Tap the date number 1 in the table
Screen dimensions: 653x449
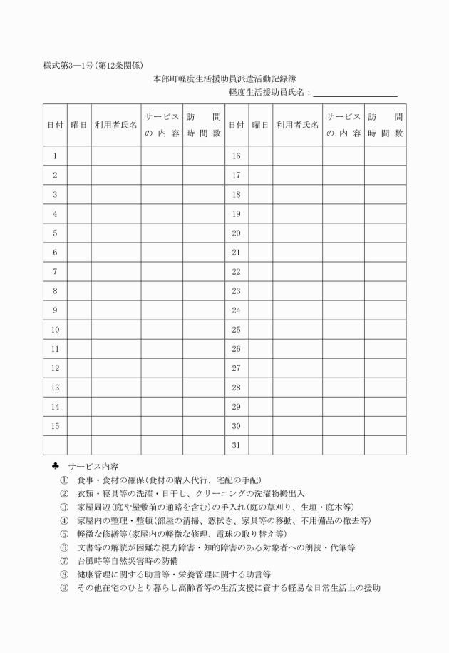click(x=55, y=156)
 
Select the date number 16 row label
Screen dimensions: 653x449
click(x=236, y=156)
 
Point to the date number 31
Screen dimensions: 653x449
click(x=236, y=445)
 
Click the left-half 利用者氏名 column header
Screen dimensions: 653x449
click(x=115, y=125)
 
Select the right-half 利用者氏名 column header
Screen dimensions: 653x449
click(x=297, y=125)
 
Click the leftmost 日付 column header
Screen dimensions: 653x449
click(x=55, y=125)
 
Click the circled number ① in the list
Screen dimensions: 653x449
click(x=64, y=480)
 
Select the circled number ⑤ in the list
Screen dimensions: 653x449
click(x=64, y=534)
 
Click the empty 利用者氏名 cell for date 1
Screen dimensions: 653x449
click(x=115, y=156)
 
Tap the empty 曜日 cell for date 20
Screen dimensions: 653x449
click(x=260, y=233)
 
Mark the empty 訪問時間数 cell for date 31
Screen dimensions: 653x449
click(x=386, y=445)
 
